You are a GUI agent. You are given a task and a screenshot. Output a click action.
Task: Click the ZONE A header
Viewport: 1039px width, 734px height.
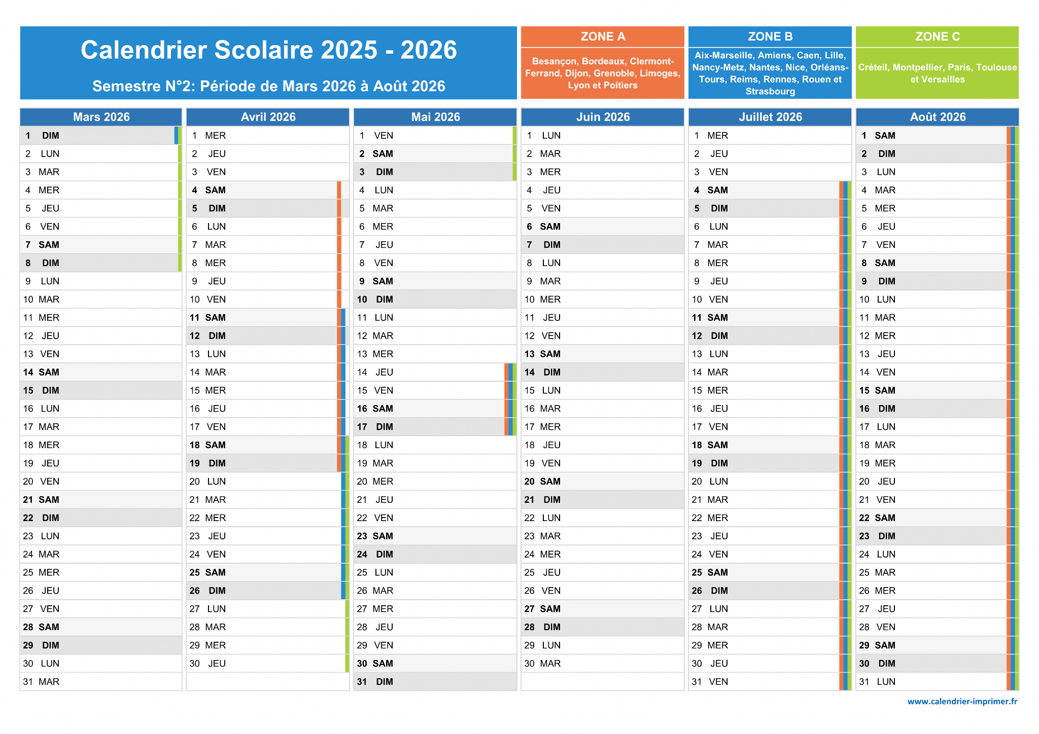pyautogui.click(x=603, y=36)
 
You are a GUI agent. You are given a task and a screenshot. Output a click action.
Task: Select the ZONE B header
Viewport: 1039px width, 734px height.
pyautogui.click(x=770, y=36)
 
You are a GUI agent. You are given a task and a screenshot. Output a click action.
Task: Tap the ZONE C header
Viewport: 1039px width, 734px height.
pyautogui.click(x=938, y=36)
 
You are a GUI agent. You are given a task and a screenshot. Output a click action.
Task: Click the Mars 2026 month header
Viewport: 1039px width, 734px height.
pyautogui.click(x=101, y=117)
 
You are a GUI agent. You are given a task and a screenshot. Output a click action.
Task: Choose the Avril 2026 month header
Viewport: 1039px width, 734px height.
pyautogui.click(x=268, y=117)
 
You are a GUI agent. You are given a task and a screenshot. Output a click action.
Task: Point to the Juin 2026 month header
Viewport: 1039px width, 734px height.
pyautogui.click(x=603, y=117)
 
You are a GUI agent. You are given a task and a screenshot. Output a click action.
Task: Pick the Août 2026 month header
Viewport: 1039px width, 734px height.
pyautogui.click(x=938, y=117)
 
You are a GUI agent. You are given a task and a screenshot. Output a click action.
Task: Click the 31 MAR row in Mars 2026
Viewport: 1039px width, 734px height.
pyautogui.click(x=101, y=682)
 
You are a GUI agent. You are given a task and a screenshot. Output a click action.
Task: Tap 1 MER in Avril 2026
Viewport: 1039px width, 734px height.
pyautogui.click(x=268, y=135)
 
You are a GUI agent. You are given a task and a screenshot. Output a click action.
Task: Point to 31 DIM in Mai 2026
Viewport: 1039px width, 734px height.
pyautogui.click(x=435, y=682)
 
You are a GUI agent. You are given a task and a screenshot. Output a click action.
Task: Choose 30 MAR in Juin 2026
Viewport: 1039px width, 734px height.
pyautogui.click(x=603, y=664)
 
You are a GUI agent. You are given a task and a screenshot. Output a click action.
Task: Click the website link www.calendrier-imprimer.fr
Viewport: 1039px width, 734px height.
pyautogui.click(x=962, y=702)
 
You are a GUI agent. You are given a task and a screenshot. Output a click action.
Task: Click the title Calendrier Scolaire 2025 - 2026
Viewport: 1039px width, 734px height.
pyautogui.click(x=269, y=50)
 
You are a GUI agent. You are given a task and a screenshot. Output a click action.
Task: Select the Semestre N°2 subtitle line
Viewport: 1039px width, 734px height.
pyautogui.click(x=269, y=86)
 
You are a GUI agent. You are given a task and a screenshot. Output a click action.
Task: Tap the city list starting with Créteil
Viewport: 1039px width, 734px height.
pyautogui.click(x=938, y=74)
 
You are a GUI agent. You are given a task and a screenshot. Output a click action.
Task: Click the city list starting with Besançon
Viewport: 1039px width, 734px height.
pyautogui.click(x=603, y=74)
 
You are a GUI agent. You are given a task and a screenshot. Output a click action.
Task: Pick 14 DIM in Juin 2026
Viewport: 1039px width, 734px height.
pyautogui.click(x=603, y=372)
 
